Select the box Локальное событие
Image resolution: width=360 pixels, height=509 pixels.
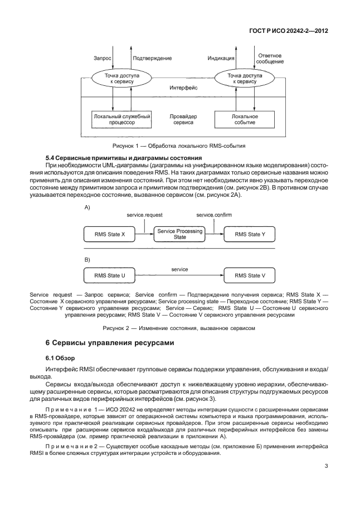coord(244,119)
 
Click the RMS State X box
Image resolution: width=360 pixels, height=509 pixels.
coord(109,234)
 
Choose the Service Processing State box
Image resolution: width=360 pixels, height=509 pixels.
coord(180,234)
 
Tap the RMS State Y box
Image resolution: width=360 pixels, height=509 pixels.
coord(250,234)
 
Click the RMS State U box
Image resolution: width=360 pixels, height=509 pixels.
coord(109,275)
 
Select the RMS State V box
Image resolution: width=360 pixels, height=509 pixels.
coord(250,275)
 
